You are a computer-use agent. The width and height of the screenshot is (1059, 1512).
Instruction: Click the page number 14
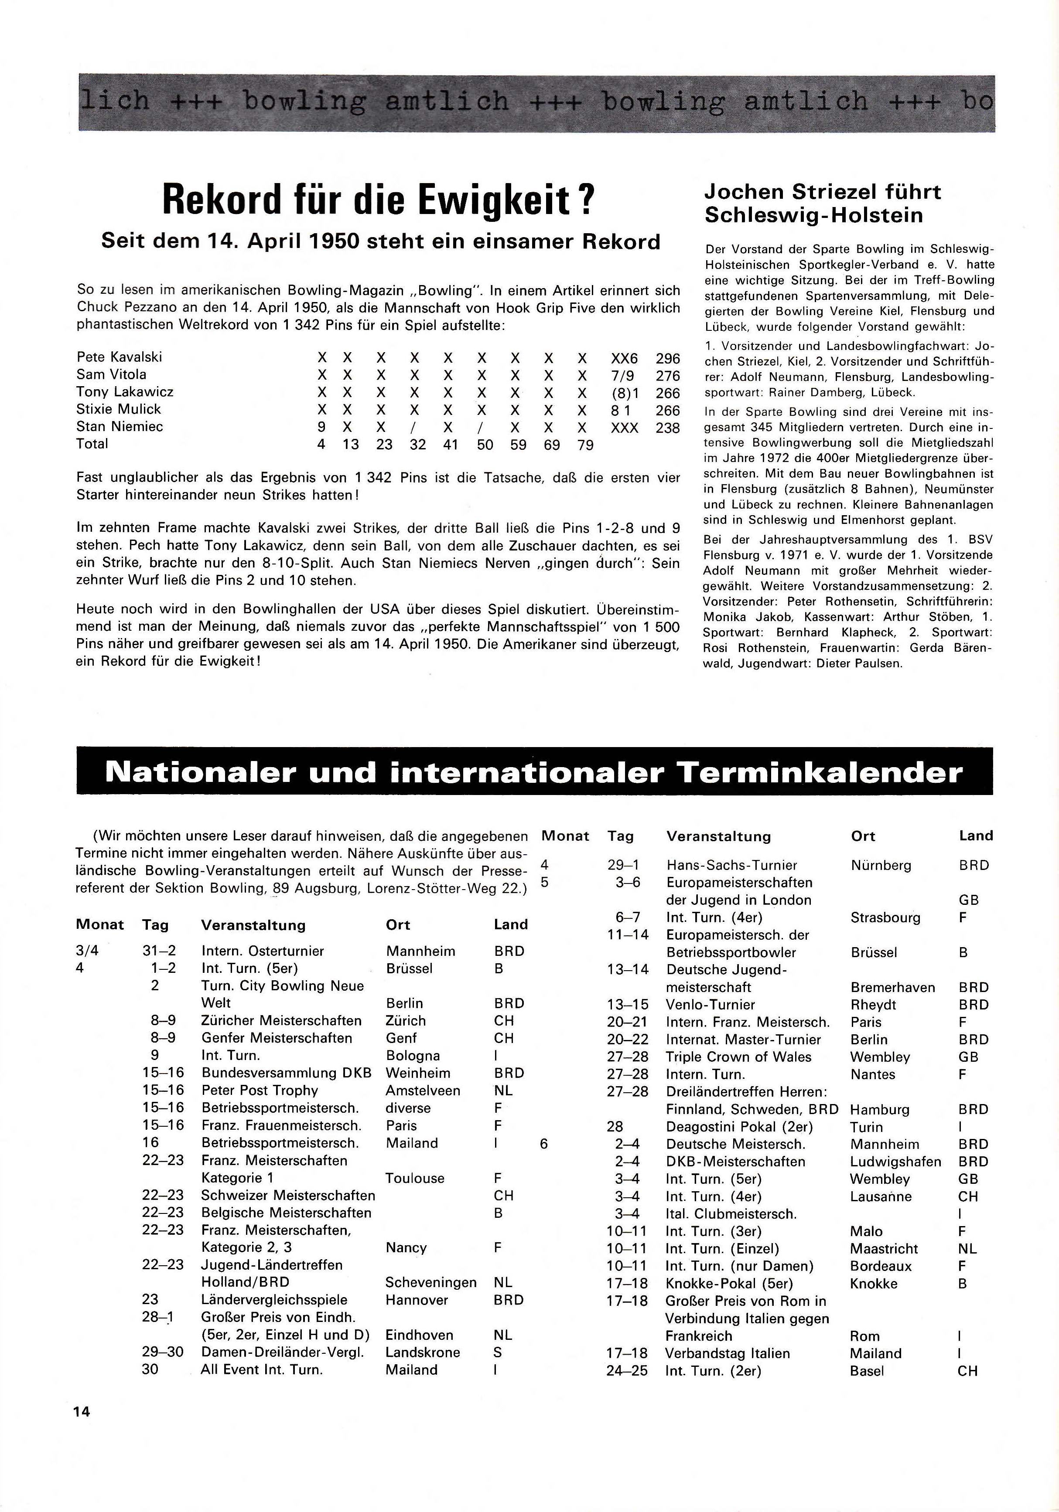click(82, 1411)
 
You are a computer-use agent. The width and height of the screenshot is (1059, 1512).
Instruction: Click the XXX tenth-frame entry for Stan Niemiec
click(624, 428)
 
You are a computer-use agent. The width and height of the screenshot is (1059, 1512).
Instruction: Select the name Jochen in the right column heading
click(743, 192)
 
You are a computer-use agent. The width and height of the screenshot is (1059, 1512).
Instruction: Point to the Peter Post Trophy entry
click(260, 1091)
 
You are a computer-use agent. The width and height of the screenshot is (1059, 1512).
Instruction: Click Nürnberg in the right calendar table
click(881, 865)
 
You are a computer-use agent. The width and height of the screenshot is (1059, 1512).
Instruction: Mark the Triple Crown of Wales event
click(739, 1057)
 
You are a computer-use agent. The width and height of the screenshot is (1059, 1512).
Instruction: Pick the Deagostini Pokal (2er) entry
click(739, 1127)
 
